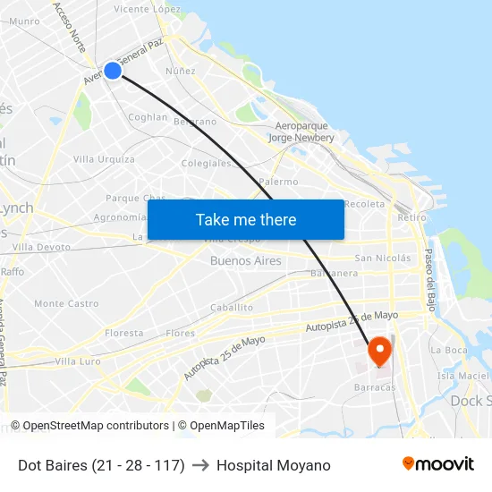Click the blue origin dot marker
click(113, 70)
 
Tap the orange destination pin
click(380, 350)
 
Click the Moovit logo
click(437, 464)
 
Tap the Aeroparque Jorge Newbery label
click(301, 132)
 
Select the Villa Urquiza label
click(104, 159)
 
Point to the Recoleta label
click(364, 204)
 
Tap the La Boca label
click(448, 351)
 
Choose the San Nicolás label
click(382, 259)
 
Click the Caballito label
click(231, 308)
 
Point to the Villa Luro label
click(78, 361)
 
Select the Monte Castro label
click(66, 304)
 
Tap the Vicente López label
click(147, 9)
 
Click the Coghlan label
click(148, 117)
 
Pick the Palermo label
click(278, 182)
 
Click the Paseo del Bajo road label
click(428, 274)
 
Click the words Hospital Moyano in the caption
click(273, 465)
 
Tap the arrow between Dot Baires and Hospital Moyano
click(200, 465)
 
